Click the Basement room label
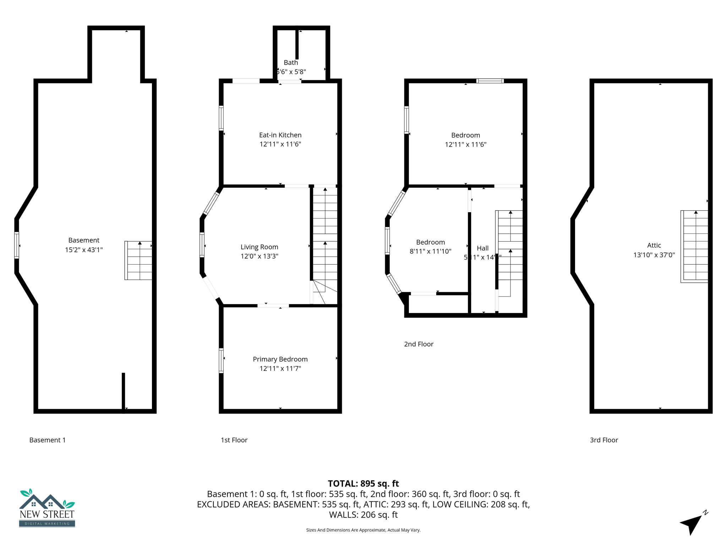pyautogui.click(x=84, y=240)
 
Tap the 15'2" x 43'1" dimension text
pyautogui.click(x=84, y=250)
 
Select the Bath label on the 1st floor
pyautogui.click(x=291, y=62)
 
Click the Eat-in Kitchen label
pyautogui.click(x=280, y=135)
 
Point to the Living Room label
pyautogui.click(x=259, y=247)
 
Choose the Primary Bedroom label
pyautogui.click(x=280, y=359)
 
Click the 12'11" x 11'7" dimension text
pyautogui.click(x=280, y=368)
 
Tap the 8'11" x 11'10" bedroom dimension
pyautogui.click(x=430, y=251)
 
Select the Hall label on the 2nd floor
pyautogui.click(x=482, y=248)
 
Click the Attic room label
pyautogui.click(x=654, y=245)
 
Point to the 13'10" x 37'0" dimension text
pyautogui.click(x=654, y=255)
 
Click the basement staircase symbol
pyautogui.click(x=138, y=260)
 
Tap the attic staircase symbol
pyautogui.click(x=694, y=246)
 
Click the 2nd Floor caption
pyautogui.click(x=419, y=344)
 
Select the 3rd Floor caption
pyautogui.click(x=604, y=440)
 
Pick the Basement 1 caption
pyautogui.click(x=47, y=440)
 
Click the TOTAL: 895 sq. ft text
pyautogui.click(x=363, y=484)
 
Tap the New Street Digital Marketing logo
pyautogui.click(x=47, y=508)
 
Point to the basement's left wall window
pyautogui.click(x=17, y=245)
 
